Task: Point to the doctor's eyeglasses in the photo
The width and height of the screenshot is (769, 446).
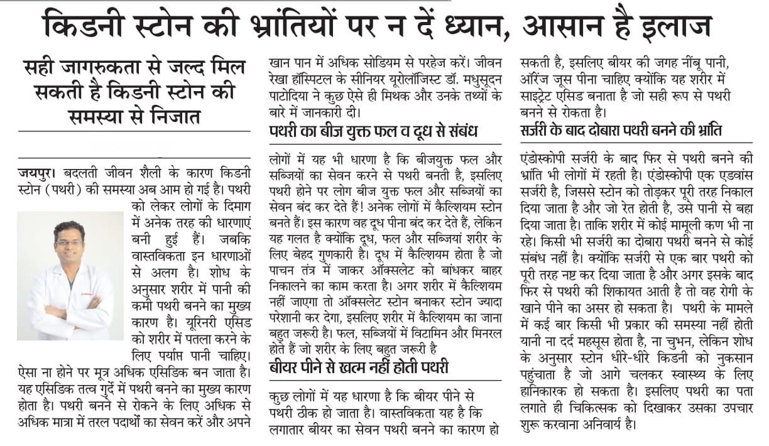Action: [69, 243]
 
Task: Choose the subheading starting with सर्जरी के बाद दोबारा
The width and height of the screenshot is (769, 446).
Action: [621, 131]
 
